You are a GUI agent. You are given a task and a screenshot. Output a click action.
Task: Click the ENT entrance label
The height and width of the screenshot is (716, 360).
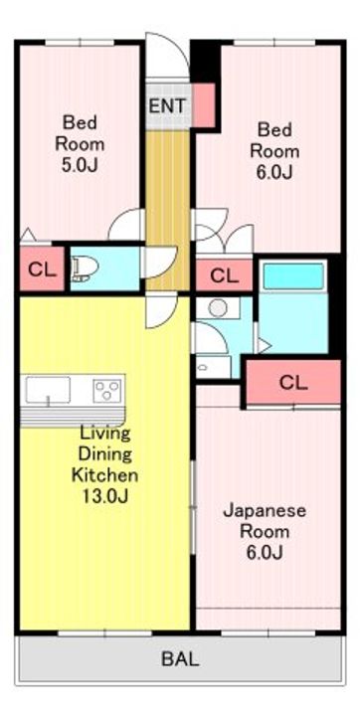coord(168,106)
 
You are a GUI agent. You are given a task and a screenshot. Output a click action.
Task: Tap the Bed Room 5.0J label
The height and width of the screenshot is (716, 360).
coord(80,144)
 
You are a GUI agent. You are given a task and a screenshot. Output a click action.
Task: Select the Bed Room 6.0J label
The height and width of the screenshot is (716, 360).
coord(274,151)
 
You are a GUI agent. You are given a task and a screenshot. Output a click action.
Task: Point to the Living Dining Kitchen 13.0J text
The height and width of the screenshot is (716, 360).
coord(105,464)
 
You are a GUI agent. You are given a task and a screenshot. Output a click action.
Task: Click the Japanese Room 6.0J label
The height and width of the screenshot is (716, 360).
coord(265,531)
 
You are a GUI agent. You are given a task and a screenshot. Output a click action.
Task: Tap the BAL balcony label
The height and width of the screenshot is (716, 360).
coord(180,659)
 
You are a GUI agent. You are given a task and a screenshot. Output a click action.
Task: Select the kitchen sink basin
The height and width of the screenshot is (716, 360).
coord(48,390)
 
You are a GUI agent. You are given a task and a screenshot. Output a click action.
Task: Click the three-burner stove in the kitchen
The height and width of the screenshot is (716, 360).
coord(108,391)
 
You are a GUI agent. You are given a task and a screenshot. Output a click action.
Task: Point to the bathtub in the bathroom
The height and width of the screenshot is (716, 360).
coord(293,276)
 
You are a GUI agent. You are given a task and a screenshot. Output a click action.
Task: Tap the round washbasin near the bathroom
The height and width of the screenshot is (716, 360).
coord(218,307)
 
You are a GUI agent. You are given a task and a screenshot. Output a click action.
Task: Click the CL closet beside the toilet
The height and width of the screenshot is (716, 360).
coord(42,269)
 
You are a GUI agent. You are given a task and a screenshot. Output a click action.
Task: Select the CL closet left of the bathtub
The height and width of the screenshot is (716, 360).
coord(225,275)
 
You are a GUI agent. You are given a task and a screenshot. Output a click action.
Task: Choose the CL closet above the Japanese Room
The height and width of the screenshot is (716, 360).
coord(293,383)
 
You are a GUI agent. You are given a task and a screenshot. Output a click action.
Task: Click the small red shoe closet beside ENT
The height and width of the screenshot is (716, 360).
coord(204,105)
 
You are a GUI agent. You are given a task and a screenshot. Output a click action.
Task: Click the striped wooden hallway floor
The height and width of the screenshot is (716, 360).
coord(168,210)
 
